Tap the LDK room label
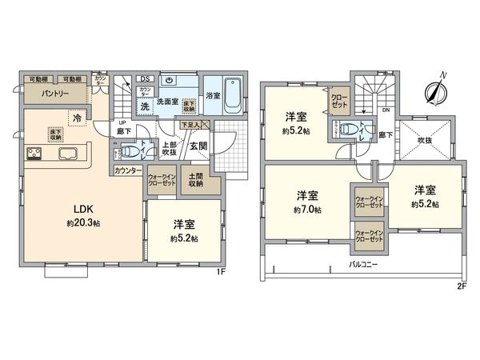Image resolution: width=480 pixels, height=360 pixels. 85,209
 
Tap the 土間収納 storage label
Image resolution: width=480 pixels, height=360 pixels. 196,181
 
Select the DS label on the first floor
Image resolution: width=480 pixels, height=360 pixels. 145,78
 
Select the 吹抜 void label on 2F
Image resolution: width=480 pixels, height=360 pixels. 426,140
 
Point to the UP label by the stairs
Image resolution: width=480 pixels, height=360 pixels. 122,122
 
